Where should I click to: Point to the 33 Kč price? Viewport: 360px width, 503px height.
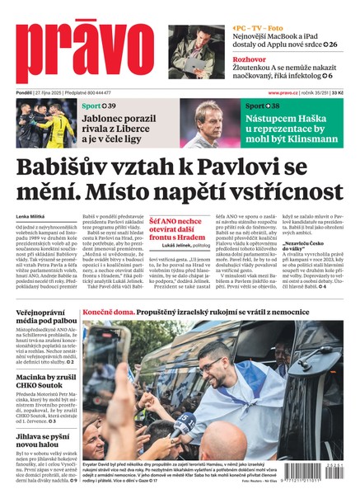pos(349,93)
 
